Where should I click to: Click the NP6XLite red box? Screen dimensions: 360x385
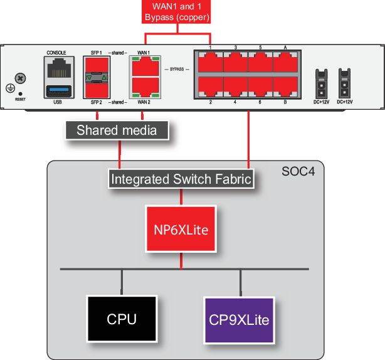click(x=181, y=230)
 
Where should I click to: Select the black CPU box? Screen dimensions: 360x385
click(x=122, y=319)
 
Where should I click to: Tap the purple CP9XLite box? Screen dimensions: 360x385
click(x=239, y=320)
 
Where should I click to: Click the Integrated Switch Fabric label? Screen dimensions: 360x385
click(x=181, y=179)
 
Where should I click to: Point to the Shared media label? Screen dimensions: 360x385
click(x=117, y=130)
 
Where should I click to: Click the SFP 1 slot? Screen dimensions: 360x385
click(x=97, y=65)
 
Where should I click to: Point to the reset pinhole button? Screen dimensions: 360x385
click(x=21, y=93)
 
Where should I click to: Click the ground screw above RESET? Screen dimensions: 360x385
click(x=21, y=78)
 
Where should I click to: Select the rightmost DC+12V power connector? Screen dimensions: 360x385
click(x=344, y=81)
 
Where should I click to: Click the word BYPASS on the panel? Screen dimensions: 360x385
click(x=177, y=69)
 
